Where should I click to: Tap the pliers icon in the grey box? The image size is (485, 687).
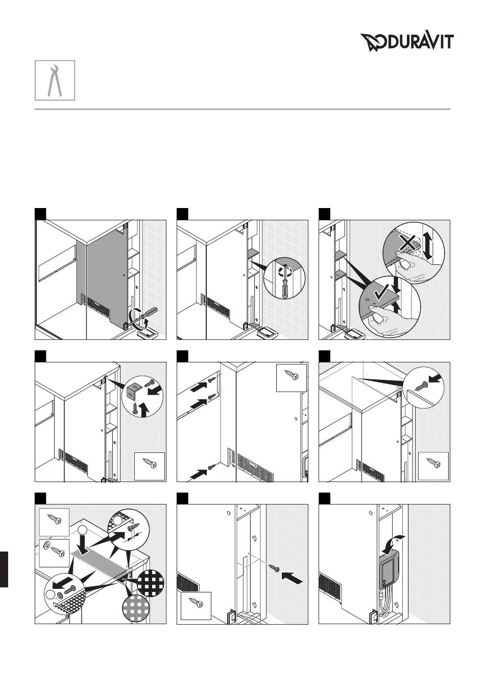coord(55,80)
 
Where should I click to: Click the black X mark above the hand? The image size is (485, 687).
coord(407,243)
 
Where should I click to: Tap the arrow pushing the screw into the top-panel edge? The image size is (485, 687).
coord(435,380)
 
